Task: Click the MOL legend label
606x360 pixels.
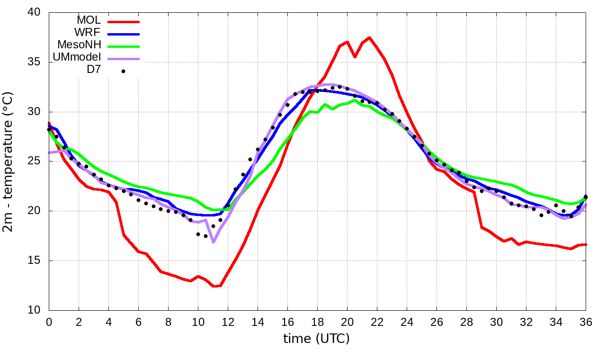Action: (89, 20)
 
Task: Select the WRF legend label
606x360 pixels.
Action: (88, 33)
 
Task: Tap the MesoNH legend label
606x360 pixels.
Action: (79, 45)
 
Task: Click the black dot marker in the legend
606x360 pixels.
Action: (123, 72)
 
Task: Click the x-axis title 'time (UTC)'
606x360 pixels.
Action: (316, 338)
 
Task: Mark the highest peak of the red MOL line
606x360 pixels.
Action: (369, 37)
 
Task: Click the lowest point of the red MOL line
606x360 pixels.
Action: (214, 286)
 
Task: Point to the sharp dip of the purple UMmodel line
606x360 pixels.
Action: (214, 242)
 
